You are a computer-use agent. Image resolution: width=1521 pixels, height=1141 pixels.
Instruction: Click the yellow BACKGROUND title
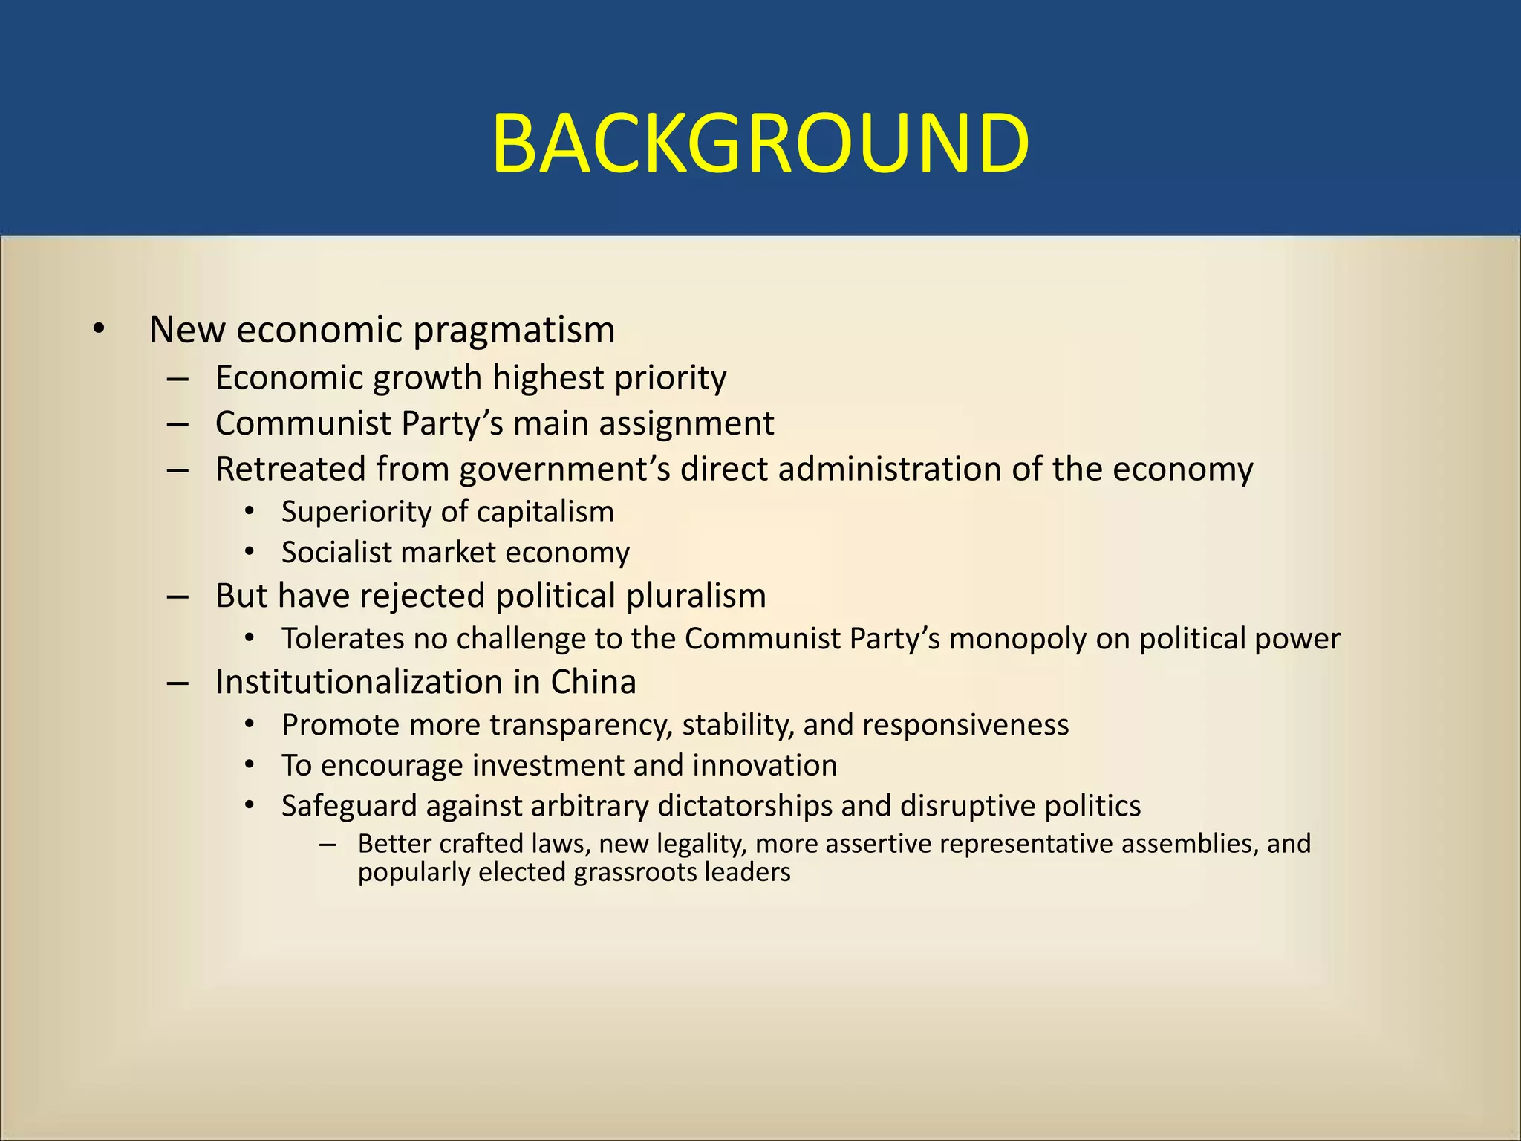pyautogui.click(x=760, y=143)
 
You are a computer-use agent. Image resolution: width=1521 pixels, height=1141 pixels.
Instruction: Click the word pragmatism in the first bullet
pyautogui.click(x=514, y=331)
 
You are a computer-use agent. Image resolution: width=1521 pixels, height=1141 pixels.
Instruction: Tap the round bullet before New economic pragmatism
pyautogui.click(x=99, y=329)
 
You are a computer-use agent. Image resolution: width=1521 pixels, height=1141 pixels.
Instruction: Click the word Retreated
pyautogui.click(x=290, y=469)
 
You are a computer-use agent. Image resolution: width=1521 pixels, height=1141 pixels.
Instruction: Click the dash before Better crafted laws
pyautogui.click(x=328, y=845)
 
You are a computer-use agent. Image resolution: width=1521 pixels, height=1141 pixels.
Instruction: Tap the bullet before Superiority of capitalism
pyautogui.click(x=250, y=512)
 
